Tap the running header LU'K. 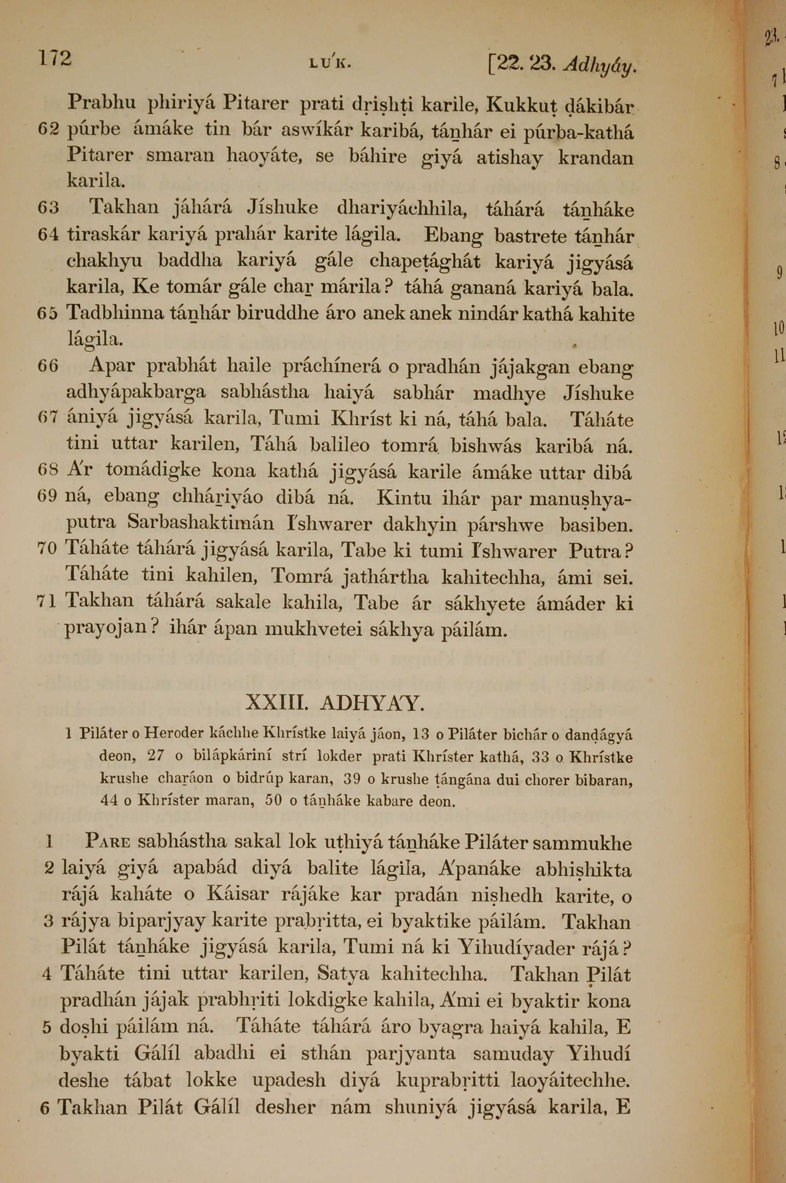(330, 64)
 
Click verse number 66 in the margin (49, 367)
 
